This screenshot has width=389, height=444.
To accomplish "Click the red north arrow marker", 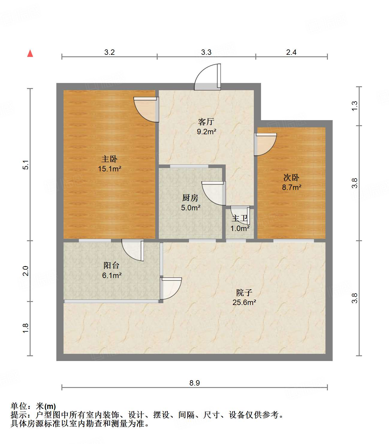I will (30, 53).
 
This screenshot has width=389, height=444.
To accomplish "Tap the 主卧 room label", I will (109, 159).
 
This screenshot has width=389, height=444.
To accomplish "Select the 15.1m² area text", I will (109, 169).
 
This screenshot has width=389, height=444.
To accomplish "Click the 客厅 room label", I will (206, 122).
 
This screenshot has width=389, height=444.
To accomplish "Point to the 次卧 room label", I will (291, 178).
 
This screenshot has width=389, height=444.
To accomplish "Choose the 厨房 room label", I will (190, 198).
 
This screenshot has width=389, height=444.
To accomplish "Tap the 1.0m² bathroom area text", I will (240, 229).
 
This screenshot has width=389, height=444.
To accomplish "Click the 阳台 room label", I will (111, 265).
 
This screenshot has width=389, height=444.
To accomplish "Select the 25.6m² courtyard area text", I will (244, 302).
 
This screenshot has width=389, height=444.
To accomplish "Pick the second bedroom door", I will (265, 144).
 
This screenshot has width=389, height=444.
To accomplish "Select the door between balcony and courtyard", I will (171, 288).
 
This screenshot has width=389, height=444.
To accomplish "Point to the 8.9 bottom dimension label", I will (194, 383).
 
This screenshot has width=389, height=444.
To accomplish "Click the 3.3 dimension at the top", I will (206, 52).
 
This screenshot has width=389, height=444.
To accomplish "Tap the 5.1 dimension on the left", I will (26, 165).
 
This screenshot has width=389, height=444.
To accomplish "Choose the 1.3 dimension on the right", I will (355, 106).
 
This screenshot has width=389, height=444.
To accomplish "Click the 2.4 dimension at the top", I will (291, 52).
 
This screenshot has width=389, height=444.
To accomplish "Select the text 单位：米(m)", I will (33, 406).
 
